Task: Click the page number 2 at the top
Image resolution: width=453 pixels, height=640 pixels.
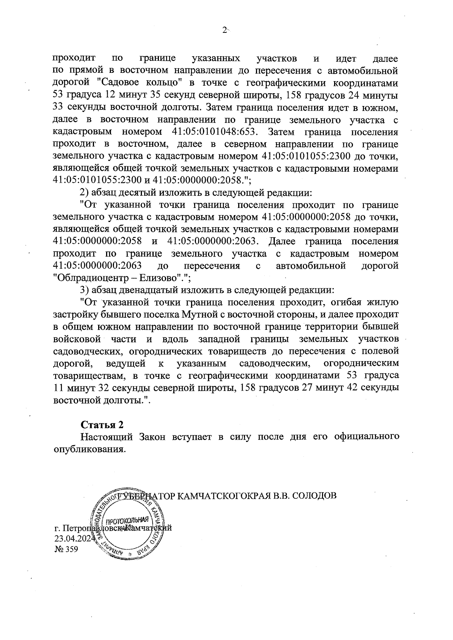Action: (x=225, y=30)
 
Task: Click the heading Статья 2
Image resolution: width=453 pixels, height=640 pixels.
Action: (x=103, y=425)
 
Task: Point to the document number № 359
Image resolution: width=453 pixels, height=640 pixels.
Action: (x=66, y=549)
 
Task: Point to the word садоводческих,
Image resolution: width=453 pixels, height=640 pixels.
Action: (x=88, y=351)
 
